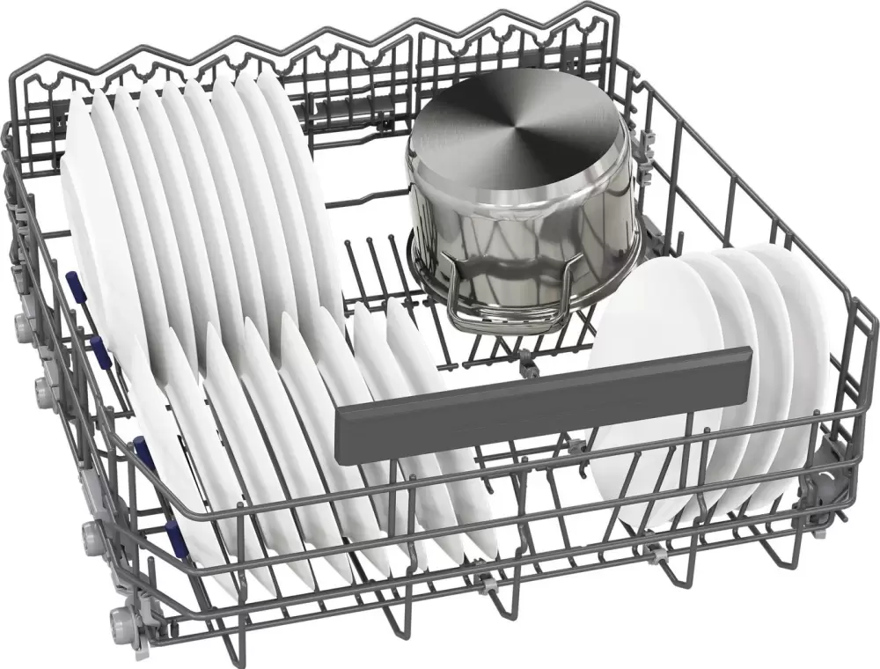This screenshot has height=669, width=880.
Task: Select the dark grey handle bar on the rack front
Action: click(546, 396)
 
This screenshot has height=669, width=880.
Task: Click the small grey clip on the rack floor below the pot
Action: click(526, 357)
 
